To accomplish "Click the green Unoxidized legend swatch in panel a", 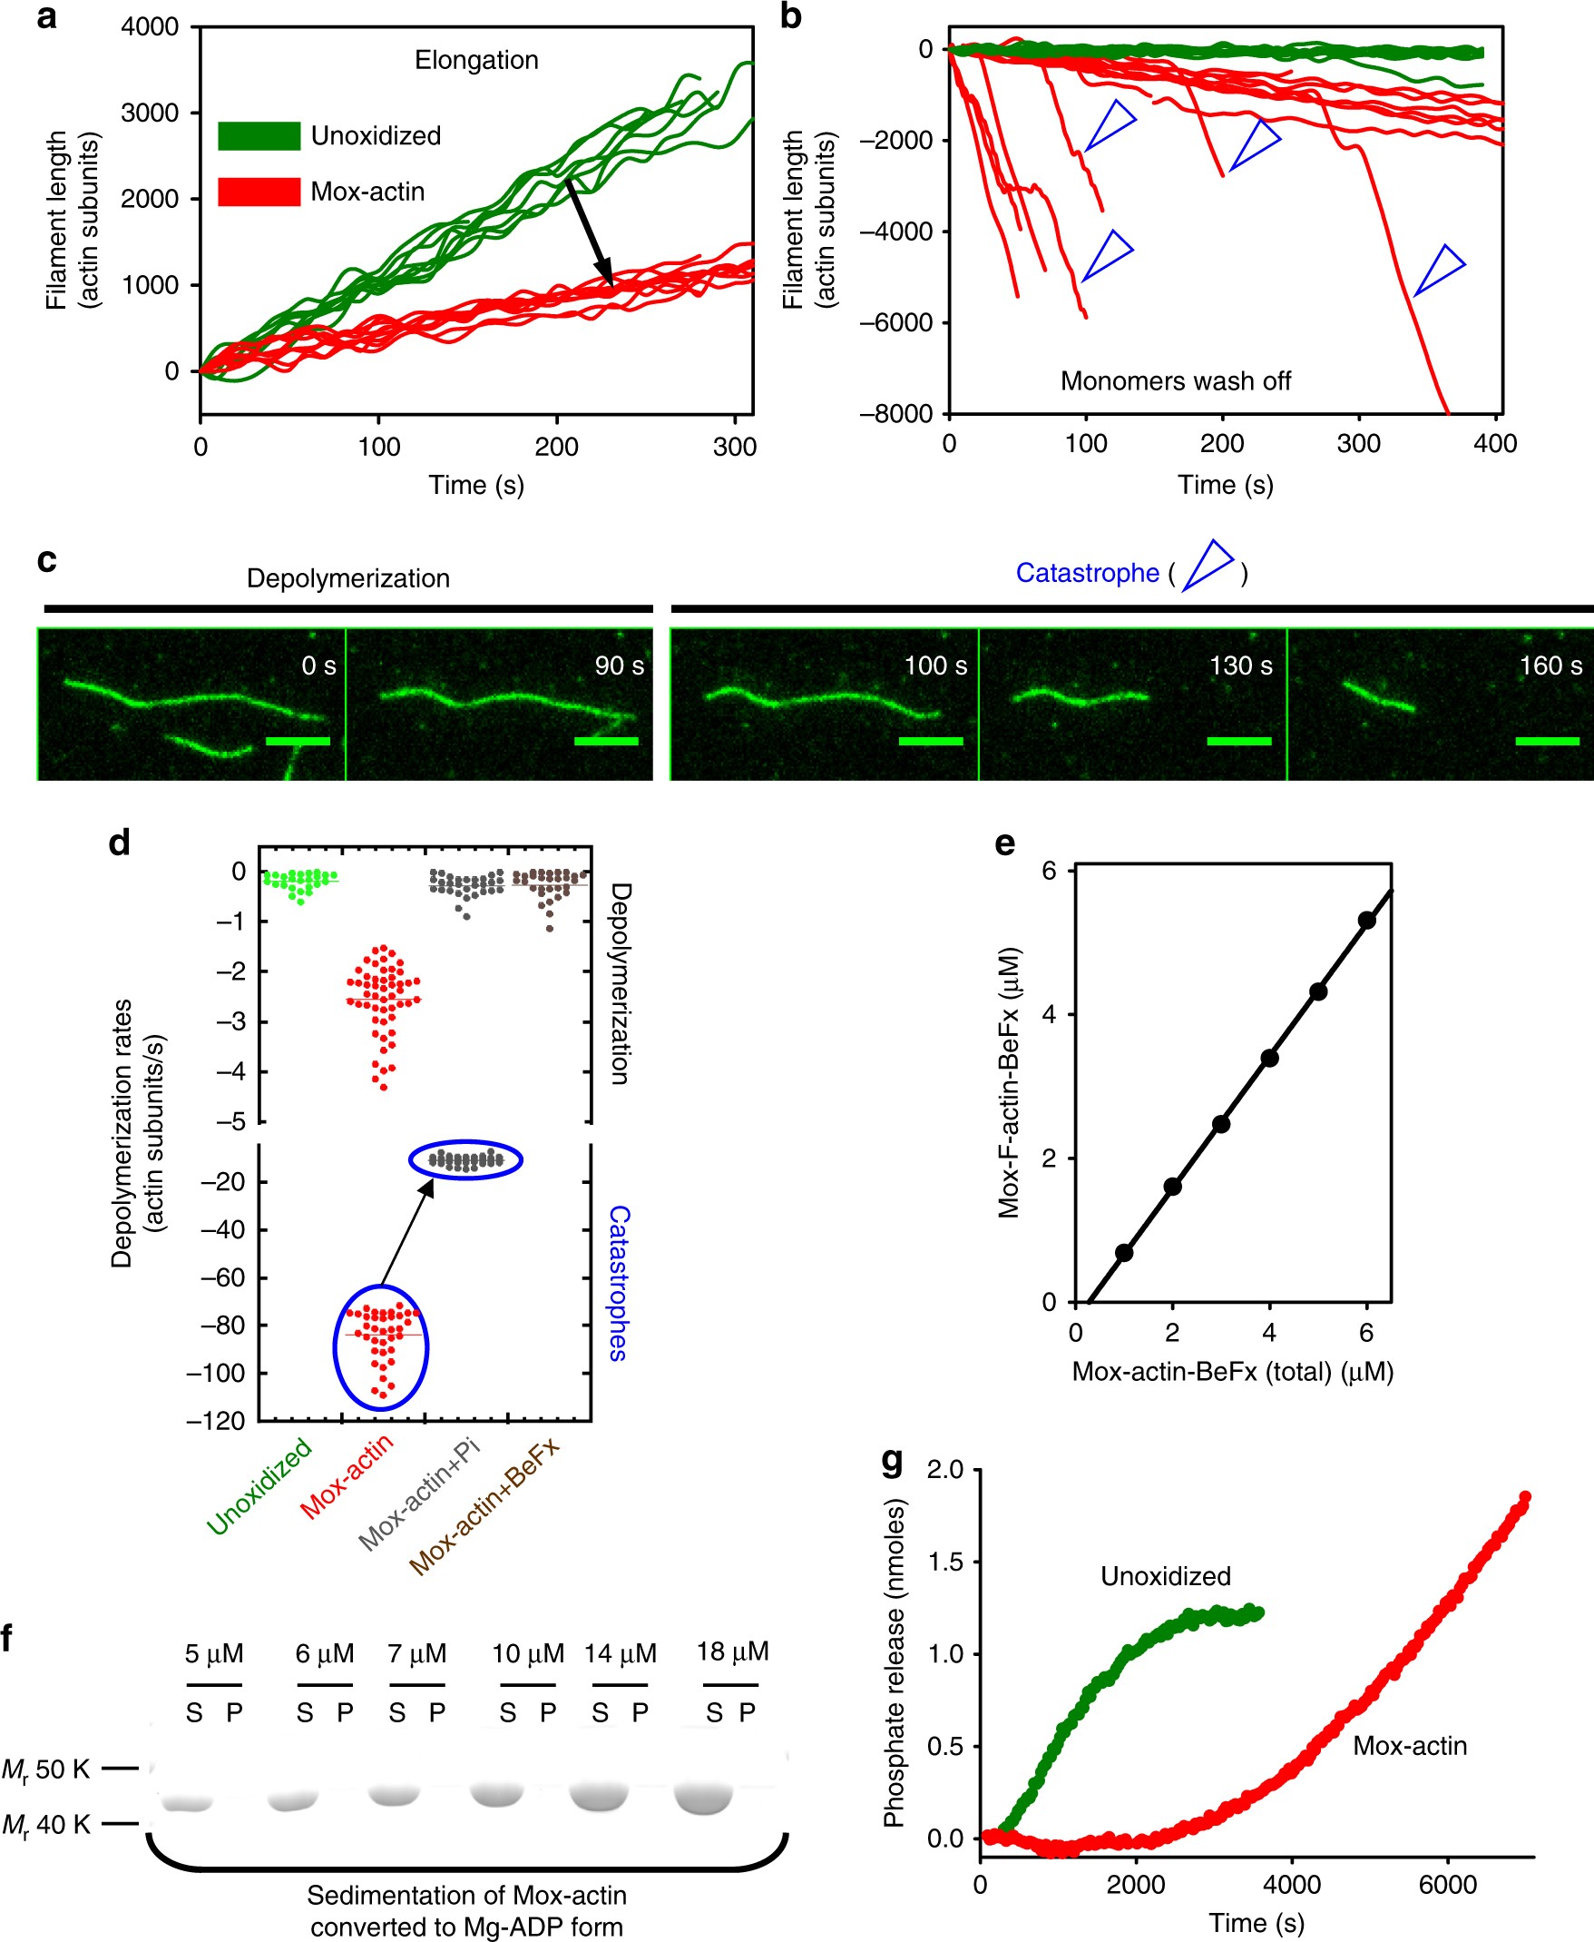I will pos(259,136).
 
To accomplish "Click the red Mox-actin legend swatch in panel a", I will pos(259,192).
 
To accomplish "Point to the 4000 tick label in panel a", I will pos(151,26).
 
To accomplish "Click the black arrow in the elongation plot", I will pos(590,232).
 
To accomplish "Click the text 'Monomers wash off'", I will pos(1174,381).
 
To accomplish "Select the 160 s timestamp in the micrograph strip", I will pos(1550,665).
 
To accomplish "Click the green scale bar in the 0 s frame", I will pos(298,741).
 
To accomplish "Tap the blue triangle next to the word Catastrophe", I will pos(1208,565).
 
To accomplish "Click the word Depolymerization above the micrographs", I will pos(348,577).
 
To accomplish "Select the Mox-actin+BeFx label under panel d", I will pos(484,1506).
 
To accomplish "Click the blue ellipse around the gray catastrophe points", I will pos(465,1160).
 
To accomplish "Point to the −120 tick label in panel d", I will pos(216,1421).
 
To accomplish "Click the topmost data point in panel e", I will pos(1366,921).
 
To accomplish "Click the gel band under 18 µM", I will pos(704,1799).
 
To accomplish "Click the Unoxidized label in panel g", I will pos(1165,1576).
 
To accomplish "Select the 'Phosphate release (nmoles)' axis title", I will pos(895,1662).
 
